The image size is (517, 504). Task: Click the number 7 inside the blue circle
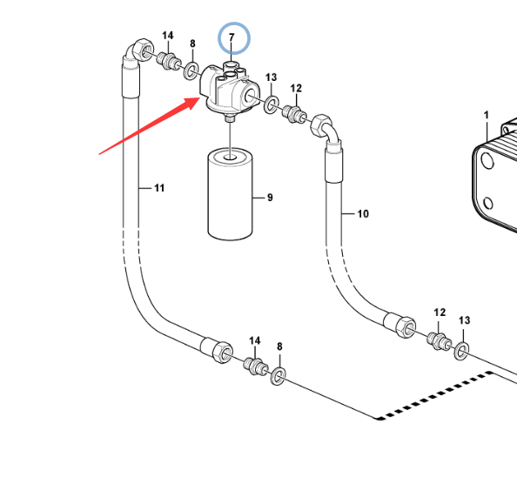[232, 37]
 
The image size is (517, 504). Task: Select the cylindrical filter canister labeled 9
[230, 194]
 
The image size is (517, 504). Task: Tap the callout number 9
[270, 198]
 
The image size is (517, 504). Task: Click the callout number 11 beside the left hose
[159, 188]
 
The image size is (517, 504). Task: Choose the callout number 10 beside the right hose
[363, 214]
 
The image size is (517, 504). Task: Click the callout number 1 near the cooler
[486, 115]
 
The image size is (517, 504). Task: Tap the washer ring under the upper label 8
[191, 71]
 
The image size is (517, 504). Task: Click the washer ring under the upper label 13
[271, 104]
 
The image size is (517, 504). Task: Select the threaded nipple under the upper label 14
[169, 60]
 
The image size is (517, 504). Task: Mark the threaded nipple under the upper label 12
[294, 114]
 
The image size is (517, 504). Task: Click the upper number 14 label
[167, 36]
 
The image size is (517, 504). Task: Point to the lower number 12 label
[440, 312]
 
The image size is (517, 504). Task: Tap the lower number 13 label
[464, 320]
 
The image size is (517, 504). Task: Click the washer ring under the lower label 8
[278, 376]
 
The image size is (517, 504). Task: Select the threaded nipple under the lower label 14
[256, 366]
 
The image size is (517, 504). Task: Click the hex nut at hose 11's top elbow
[144, 50]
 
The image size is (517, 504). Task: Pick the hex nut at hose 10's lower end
[406, 327]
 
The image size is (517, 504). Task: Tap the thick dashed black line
[435, 395]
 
